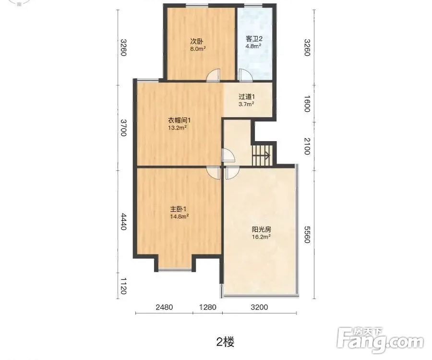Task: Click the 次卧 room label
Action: (x=197, y=41)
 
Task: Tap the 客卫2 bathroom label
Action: (x=254, y=39)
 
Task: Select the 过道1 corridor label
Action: (x=247, y=96)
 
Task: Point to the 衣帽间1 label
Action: (x=180, y=120)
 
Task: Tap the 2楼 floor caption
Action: (x=226, y=342)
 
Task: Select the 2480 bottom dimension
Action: (x=164, y=307)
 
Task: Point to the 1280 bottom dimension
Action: (x=208, y=307)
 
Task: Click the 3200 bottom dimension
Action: (x=259, y=307)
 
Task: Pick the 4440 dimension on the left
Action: (x=124, y=222)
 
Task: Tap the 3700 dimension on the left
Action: (x=124, y=128)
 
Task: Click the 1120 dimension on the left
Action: (x=124, y=286)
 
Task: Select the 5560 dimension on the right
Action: (x=307, y=235)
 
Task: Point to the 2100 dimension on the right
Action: (x=307, y=146)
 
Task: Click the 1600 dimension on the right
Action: (x=307, y=104)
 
